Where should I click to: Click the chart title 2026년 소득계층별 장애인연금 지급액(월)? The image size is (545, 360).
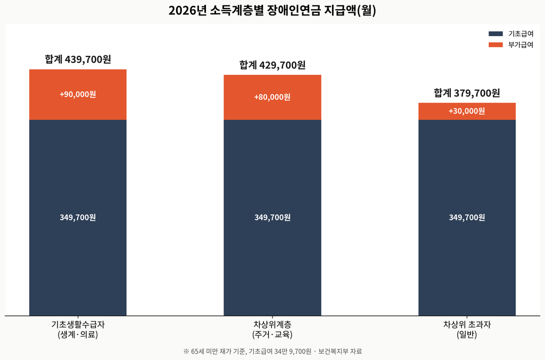point(272,11)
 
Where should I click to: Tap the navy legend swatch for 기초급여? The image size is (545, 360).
point(496,34)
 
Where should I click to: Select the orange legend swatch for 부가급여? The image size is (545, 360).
point(496,45)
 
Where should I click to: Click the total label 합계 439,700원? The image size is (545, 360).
point(78,60)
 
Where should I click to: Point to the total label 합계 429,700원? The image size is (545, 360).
point(272,65)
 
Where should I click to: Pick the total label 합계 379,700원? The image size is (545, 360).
point(467,93)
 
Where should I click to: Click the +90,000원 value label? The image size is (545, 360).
point(78,95)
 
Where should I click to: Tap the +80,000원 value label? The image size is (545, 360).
point(272,97)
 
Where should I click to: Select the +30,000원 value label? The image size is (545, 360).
point(467,111)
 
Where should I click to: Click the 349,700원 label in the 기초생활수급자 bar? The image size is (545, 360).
point(78,217)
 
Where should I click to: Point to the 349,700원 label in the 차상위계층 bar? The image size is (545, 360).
point(272,217)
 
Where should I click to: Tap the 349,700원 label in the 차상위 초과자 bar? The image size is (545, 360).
point(467,217)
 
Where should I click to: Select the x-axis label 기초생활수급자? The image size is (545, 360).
point(78,324)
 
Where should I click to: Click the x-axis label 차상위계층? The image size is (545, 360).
point(272,324)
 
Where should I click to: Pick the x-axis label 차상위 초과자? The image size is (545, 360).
point(467,324)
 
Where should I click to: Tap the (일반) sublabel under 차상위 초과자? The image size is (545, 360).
point(467,334)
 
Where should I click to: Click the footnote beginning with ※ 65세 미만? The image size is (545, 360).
point(272,351)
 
